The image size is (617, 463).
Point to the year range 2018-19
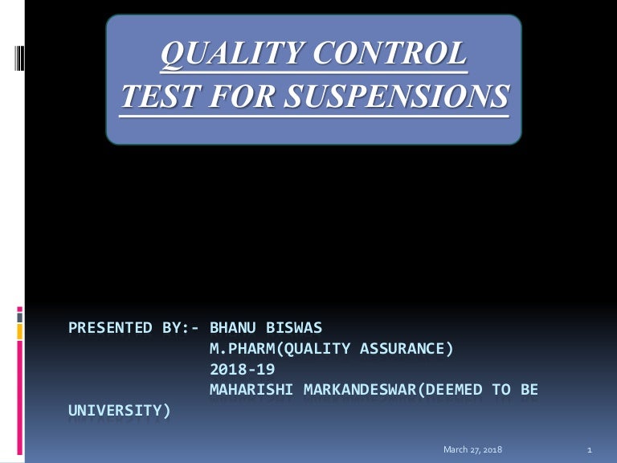click(242, 369)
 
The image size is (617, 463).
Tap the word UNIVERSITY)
click(120, 411)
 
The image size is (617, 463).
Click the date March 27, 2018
click(472, 449)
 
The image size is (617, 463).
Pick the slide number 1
click(590, 449)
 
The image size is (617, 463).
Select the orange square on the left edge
click(19, 331)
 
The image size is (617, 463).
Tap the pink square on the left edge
click(19, 309)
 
